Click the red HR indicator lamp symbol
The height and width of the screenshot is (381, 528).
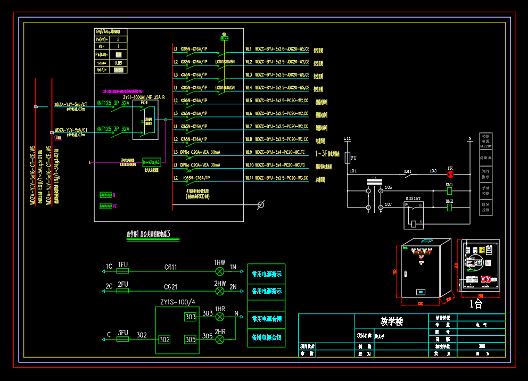coord(450,174)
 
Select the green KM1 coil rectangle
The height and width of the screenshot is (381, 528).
coord(450,190)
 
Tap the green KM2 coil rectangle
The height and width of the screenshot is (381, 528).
coord(450,207)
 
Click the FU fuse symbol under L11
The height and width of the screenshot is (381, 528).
coord(348,158)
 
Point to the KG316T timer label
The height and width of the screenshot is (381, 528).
coord(414,197)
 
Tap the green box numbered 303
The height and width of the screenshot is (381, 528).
coord(190,317)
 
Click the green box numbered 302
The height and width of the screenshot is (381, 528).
coord(164,339)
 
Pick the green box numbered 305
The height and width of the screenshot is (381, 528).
coord(190,339)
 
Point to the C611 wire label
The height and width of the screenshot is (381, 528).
coord(170,267)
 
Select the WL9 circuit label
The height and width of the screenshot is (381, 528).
coord(249,152)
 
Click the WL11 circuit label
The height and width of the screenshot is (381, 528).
coord(249,178)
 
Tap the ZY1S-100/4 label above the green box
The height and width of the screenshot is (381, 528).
coord(177,302)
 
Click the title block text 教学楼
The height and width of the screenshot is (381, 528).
coord(392,321)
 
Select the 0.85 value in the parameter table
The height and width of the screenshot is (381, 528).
coord(118,62)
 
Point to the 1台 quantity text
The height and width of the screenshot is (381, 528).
coord(475,304)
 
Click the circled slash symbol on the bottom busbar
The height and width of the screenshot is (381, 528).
coord(261,205)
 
